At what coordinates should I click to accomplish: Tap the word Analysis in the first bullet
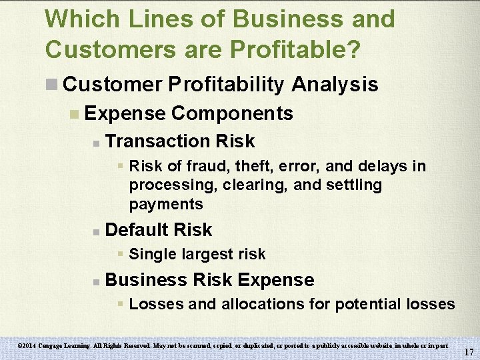tap(335, 84)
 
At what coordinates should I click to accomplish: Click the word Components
tap(232, 113)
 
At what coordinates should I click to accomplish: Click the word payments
tap(166, 204)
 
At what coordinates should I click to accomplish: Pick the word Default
tap(136, 230)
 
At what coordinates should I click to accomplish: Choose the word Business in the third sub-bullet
tap(145, 280)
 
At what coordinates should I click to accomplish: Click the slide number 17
tap(469, 351)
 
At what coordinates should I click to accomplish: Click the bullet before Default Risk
tap(97, 231)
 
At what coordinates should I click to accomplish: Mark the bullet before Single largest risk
tap(121, 255)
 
